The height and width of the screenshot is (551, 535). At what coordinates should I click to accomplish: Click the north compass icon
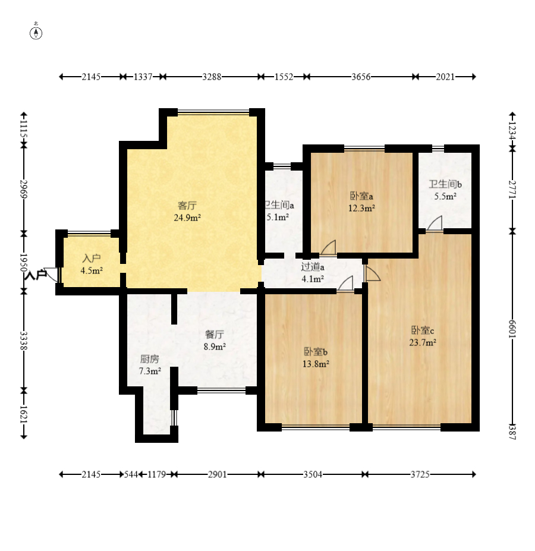click(x=36, y=32)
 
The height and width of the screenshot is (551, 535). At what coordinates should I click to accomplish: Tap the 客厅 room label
click(x=187, y=206)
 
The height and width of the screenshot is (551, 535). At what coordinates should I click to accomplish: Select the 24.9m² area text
click(x=187, y=218)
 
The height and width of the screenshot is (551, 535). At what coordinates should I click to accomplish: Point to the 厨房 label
click(x=149, y=359)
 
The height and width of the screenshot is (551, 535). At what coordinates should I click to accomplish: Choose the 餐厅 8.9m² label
click(x=215, y=340)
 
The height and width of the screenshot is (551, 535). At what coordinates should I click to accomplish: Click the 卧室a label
click(x=361, y=196)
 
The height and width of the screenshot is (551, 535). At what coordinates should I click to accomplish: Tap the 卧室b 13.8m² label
click(x=316, y=357)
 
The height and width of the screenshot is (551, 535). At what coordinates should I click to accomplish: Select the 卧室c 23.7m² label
click(x=423, y=336)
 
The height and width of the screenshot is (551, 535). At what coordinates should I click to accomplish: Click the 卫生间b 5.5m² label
click(x=443, y=190)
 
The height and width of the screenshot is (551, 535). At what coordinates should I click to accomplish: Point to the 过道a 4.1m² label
click(x=312, y=272)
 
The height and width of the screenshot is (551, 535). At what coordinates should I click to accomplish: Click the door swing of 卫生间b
click(x=435, y=223)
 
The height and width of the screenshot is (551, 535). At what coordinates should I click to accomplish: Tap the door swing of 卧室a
click(x=329, y=247)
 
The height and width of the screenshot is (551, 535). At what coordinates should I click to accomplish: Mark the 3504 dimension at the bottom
click(x=313, y=474)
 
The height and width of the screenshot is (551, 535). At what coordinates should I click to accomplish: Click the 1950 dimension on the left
click(x=24, y=262)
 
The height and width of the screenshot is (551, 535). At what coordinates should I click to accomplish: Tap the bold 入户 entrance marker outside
click(x=36, y=275)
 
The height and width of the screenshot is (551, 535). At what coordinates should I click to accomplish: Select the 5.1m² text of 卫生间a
click(x=278, y=218)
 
